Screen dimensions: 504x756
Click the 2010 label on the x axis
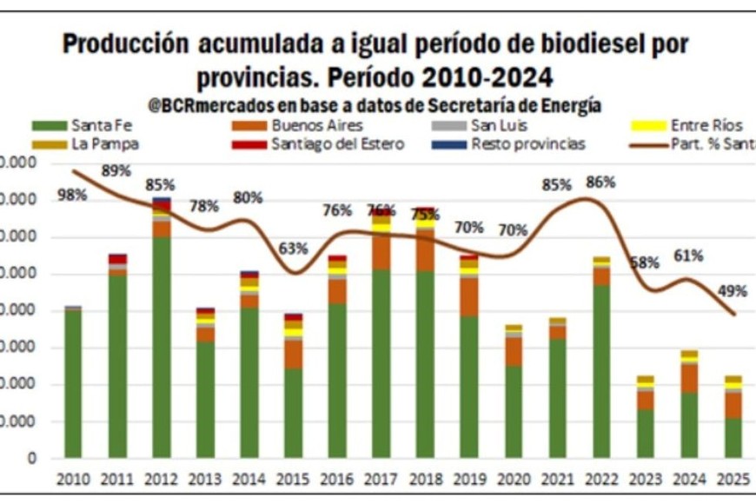[x=72, y=479]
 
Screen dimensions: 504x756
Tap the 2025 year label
[x=733, y=479]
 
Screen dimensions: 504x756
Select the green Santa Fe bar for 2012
[x=161, y=348]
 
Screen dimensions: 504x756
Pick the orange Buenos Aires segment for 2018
[x=425, y=250]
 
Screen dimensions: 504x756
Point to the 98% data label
[x=72, y=195]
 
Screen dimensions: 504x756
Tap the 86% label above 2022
[x=600, y=182]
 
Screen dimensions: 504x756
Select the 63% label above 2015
[x=293, y=249]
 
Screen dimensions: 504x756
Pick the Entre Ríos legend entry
[x=700, y=125]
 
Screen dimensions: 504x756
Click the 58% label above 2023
[x=645, y=262]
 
